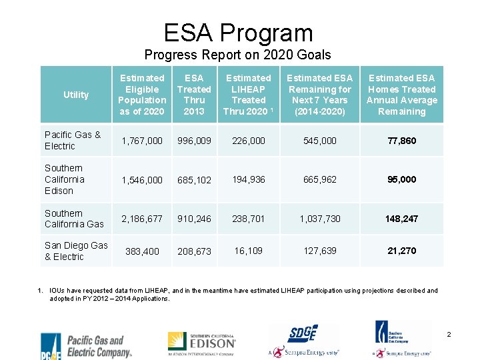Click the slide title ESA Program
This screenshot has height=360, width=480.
pos(238,33)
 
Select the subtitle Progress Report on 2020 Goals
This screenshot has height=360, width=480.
pos(238,55)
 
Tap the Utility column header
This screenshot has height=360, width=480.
pos(76,95)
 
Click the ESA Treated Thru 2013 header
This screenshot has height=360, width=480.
pos(194,95)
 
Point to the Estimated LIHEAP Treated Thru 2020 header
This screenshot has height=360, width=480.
pos(249,95)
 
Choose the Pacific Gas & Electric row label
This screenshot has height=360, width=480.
pos(73,140)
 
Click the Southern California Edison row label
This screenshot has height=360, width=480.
pos(65,179)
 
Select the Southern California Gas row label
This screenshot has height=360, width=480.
pos(74,219)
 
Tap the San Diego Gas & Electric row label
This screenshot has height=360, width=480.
pos(75,251)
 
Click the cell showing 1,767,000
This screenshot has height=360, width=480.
pos(141,141)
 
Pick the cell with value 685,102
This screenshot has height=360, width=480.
pos(194,180)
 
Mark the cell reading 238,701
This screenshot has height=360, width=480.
pos(249,219)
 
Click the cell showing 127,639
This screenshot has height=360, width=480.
pos(320,251)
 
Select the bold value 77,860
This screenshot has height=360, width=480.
pos(401,141)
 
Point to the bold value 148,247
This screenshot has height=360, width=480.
pos(401,219)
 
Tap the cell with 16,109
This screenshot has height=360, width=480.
pos(249,251)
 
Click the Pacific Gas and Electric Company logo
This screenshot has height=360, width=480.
pos(87,345)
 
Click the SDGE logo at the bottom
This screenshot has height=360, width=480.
pos(303,340)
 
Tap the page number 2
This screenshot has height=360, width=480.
pos(449,333)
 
